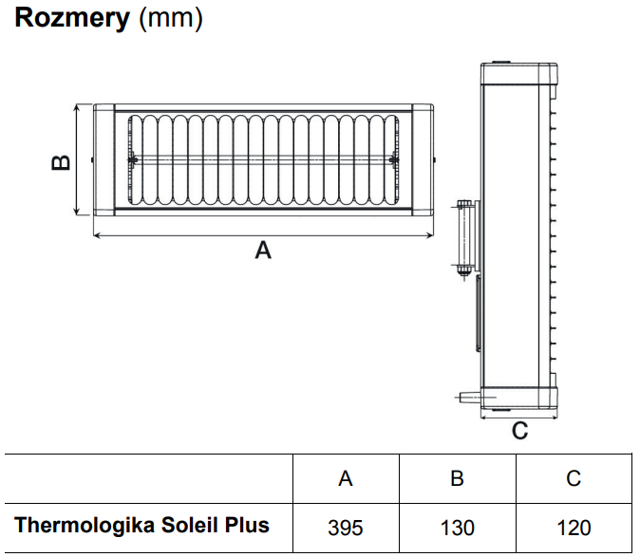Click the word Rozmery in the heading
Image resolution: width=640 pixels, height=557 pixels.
72,18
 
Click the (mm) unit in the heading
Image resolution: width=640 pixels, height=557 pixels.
170,18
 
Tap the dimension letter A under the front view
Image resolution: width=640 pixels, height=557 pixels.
264,251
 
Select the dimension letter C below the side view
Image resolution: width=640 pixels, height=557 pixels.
519,432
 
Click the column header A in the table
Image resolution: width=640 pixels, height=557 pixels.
346,478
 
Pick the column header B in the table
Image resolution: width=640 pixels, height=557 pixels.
457,478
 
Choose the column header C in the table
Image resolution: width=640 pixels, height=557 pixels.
574,478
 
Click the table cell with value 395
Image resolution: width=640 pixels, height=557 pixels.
346,527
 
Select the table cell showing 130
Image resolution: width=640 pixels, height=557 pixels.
457,527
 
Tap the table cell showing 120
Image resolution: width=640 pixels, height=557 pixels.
574,527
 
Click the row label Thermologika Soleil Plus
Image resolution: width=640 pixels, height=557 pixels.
142,525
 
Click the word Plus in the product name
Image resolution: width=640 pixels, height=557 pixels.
251,525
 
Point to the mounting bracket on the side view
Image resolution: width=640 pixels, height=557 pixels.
464,239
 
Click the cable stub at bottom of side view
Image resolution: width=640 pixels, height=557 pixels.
466,395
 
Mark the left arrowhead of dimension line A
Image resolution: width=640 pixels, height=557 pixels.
95,234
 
